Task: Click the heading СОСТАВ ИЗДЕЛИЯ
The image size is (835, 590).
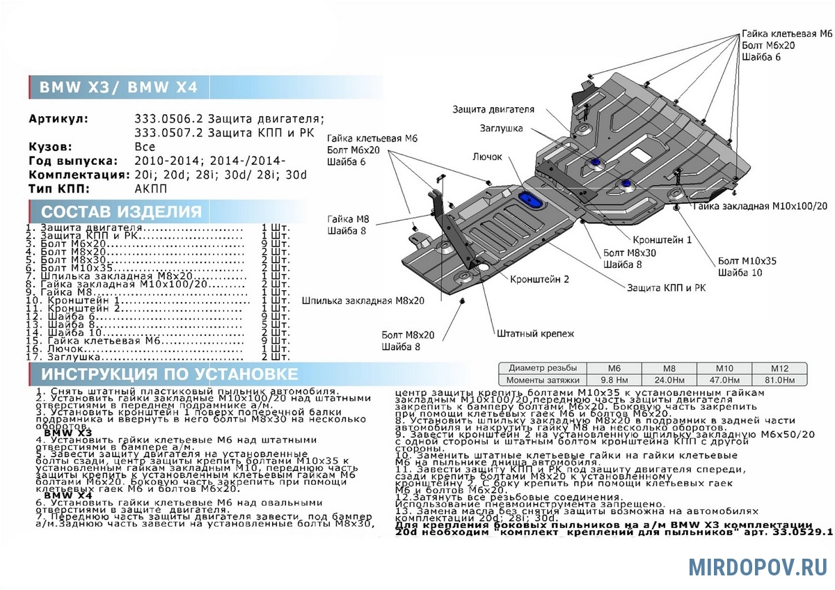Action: click(122, 212)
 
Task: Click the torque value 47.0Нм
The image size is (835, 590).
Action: click(725, 380)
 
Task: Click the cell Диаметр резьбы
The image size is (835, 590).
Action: click(542, 367)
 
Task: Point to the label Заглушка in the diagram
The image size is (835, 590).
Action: click(500, 128)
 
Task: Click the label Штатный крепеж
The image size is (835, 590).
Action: click(535, 334)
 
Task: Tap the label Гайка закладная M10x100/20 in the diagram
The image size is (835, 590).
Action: click(760, 207)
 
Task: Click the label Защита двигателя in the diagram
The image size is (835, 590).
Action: click(493, 109)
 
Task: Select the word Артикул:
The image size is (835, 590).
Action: click(59, 119)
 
